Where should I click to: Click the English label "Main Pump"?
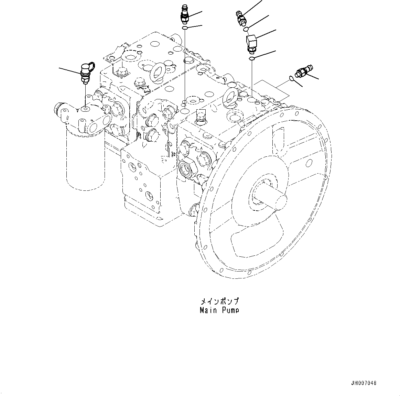coord(219,310)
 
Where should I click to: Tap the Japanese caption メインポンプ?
coord(219,301)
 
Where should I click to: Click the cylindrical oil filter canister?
coord(85,162)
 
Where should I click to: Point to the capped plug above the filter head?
coord(85,71)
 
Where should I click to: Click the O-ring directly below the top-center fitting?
coord(185,28)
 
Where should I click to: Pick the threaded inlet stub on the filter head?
coord(59,110)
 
